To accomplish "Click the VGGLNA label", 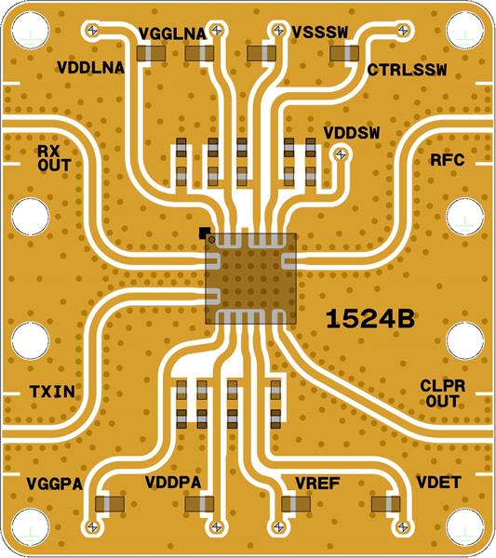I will [x=171, y=34].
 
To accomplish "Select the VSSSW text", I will [x=319, y=32].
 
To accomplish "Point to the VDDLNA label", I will [x=94, y=68].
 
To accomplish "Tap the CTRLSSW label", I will [x=407, y=70].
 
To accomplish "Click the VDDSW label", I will [x=352, y=132].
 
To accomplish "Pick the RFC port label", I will [x=448, y=159].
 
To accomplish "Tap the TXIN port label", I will [x=51, y=392].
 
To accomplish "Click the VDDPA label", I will [x=174, y=482].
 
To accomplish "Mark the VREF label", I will [x=316, y=482].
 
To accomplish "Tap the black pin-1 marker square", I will [x=203, y=231].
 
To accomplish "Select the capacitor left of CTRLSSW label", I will [x=343, y=56].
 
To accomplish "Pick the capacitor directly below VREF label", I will [x=297, y=503].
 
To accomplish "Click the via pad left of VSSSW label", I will [x=276, y=31].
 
